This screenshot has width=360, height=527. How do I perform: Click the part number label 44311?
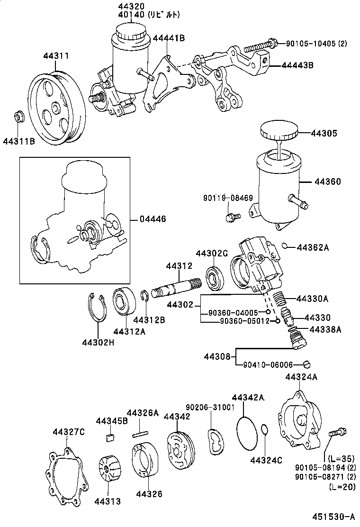pos(56,56)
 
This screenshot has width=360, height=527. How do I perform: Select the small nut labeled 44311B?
pos(19,115)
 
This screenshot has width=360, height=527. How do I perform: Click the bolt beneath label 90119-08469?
pos(231,217)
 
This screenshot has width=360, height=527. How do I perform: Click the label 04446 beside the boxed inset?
pos(153,219)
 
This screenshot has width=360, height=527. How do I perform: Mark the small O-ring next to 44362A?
pos(285,245)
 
